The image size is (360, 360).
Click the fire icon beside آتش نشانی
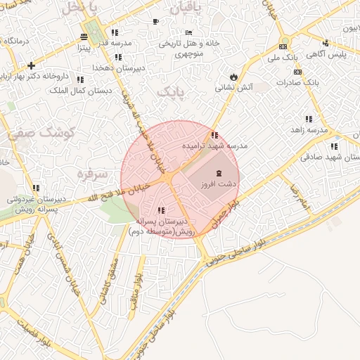[x=233, y=77]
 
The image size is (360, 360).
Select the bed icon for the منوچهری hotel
[x=188, y=32]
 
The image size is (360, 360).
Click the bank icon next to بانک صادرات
[x=297, y=72]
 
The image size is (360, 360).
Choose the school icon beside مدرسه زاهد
[x=308, y=120]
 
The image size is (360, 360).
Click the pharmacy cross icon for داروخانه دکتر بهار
[x=31, y=65]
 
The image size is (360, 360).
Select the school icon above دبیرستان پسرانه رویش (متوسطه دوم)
[x=162, y=210]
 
